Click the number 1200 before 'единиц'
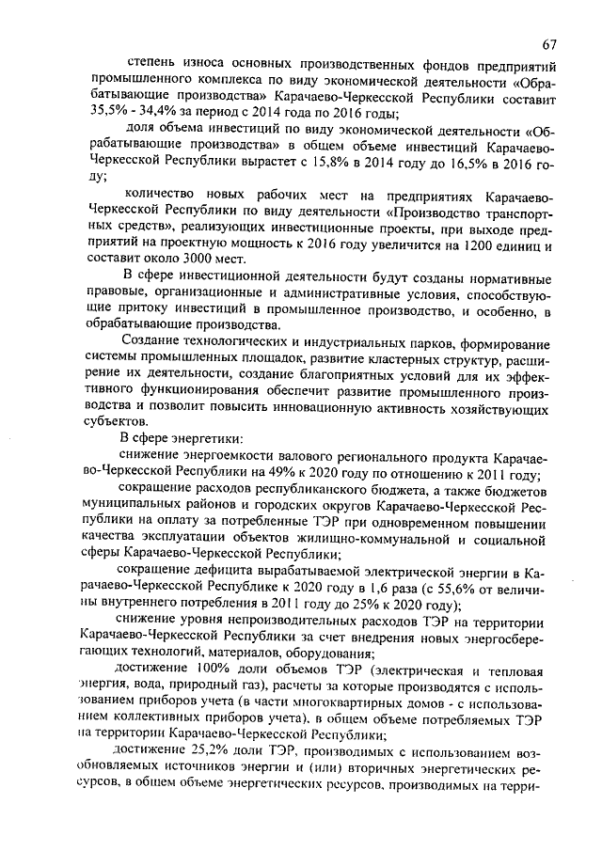click(460, 244)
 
